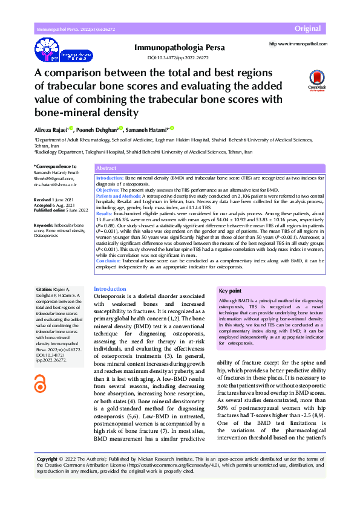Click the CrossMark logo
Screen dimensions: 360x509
tap(316, 80)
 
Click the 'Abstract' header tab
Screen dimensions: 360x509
tap(106, 169)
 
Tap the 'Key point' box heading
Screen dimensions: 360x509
tap(231, 291)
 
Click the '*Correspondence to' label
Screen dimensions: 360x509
tap(54, 166)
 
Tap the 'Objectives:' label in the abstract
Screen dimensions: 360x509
tap(110, 190)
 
